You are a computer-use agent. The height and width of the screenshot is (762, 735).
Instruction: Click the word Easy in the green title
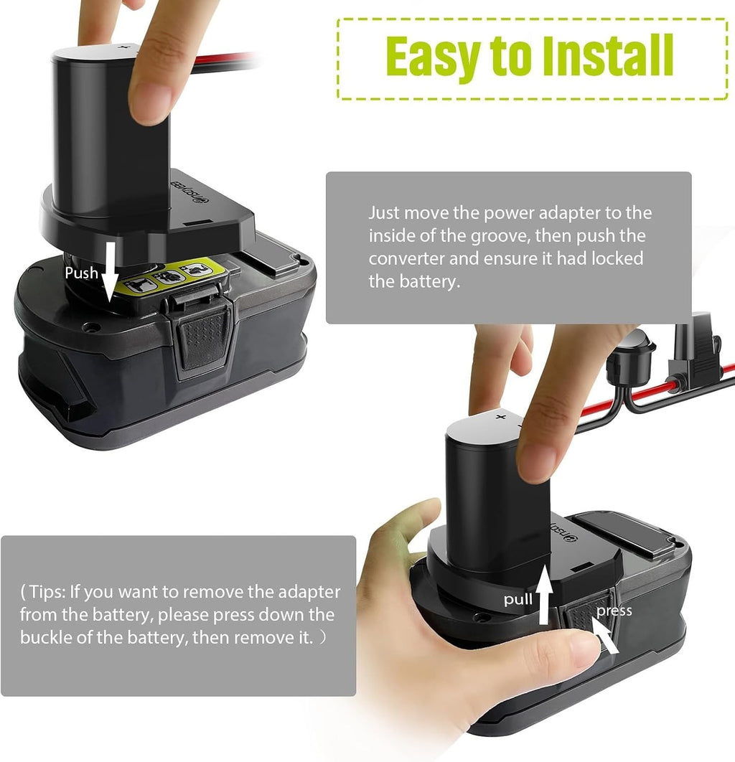click(433, 56)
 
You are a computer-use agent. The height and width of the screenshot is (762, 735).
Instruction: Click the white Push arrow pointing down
click(111, 271)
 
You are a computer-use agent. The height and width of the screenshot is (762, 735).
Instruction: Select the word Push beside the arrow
click(82, 273)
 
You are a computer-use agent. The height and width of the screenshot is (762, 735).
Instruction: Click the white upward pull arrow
click(545, 594)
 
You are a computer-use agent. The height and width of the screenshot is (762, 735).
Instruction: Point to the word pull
click(518, 599)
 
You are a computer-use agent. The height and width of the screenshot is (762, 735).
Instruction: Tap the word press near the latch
click(614, 611)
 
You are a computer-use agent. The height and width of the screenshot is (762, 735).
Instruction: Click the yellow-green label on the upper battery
click(175, 276)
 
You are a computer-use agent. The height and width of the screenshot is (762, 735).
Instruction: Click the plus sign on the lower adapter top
click(501, 416)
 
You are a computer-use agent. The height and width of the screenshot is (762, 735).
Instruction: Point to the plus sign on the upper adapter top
click(124, 47)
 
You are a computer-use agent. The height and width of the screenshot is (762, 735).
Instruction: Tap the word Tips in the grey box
click(47, 592)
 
